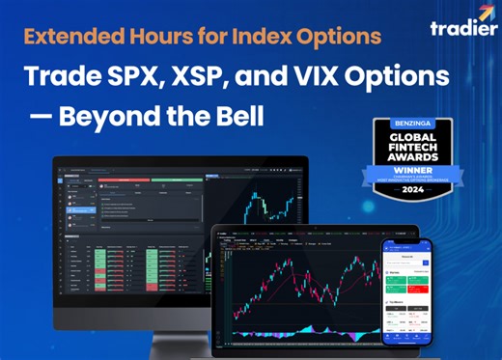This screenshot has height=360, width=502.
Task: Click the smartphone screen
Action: [x=405, y=290]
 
